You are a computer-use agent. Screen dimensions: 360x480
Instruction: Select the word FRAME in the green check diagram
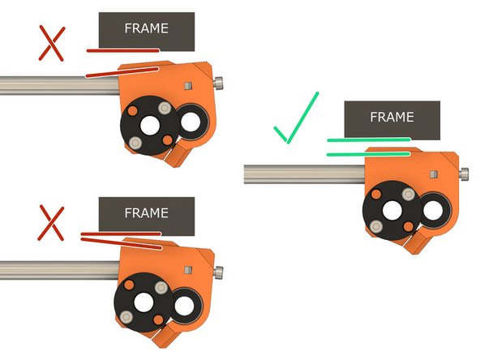[x=392, y=117]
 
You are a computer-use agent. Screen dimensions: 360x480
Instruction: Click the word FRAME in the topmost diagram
[x=146, y=28]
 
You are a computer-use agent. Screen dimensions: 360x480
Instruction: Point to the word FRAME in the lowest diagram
[x=146, y=213]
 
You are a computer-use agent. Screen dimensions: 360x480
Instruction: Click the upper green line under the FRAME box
[x=369, y=140]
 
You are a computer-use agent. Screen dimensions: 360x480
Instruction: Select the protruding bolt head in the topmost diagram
[x=221, y=83]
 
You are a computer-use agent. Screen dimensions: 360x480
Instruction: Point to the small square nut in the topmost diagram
[x=187, y=84]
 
